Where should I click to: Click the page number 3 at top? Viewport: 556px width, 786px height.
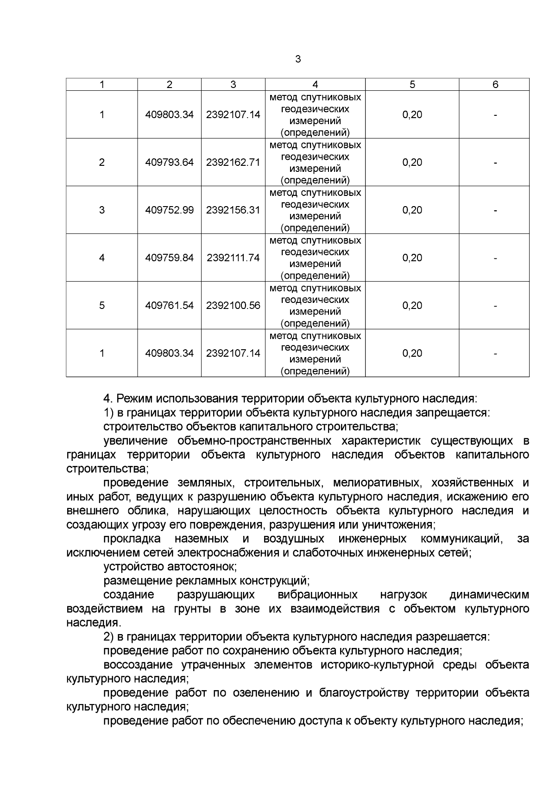(298, 59)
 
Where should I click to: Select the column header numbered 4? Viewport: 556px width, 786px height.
(315, 84)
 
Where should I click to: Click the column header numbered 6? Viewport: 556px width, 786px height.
(495, 84)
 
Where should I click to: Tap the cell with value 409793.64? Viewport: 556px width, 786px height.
(169, 163)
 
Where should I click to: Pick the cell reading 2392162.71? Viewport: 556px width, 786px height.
(233, 163)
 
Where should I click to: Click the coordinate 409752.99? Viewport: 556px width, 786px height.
(169, 210)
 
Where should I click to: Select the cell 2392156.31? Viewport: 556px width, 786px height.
(233, 210)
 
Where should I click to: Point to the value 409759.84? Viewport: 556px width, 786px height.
(169, 258)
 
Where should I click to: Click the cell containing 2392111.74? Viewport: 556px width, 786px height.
(233, 258)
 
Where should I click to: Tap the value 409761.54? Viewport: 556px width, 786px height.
(169, 306)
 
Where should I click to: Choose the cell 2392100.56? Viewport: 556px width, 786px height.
(233, 306)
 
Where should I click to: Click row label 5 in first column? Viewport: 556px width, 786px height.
(102, 306)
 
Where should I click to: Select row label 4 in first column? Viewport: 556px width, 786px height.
(102, 258)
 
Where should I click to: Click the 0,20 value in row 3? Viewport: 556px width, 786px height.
(412, 210)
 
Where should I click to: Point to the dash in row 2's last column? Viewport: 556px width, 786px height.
(495, 163)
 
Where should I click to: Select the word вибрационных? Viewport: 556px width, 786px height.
(317, 595)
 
